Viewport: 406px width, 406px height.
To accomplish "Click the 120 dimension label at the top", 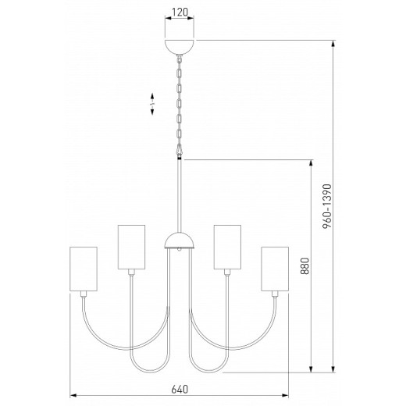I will pos(180,14).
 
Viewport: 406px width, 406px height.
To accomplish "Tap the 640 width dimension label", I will pos(180,388).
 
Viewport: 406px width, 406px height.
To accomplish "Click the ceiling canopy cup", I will pos(180,45).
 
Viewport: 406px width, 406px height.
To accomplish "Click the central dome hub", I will pos(180,239).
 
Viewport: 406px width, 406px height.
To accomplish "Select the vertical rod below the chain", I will pos(180,195).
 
